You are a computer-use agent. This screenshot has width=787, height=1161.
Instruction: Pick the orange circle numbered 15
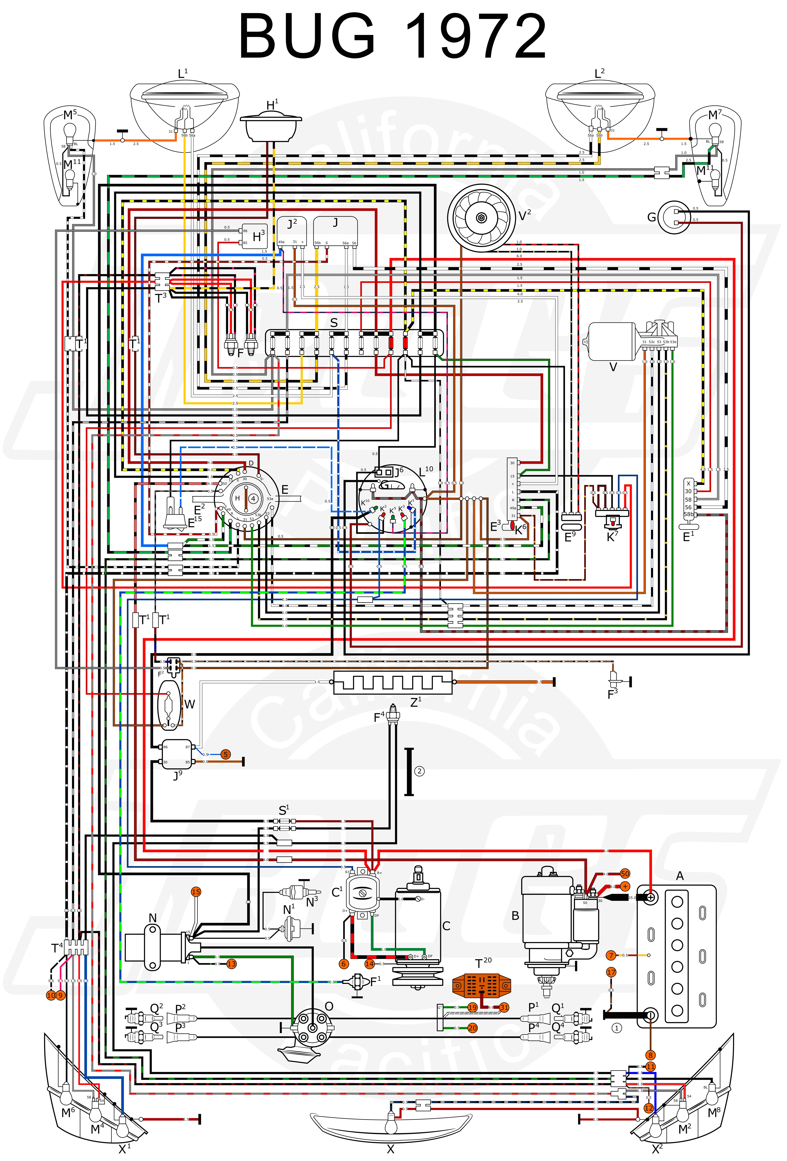[x=196, y=892]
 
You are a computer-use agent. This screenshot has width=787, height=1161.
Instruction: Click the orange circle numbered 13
[x=231, y=964]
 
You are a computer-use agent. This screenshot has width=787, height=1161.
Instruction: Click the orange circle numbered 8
[x=650, y=1055]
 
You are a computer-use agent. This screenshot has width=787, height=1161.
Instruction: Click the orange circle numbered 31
[x=504, y=1007]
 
